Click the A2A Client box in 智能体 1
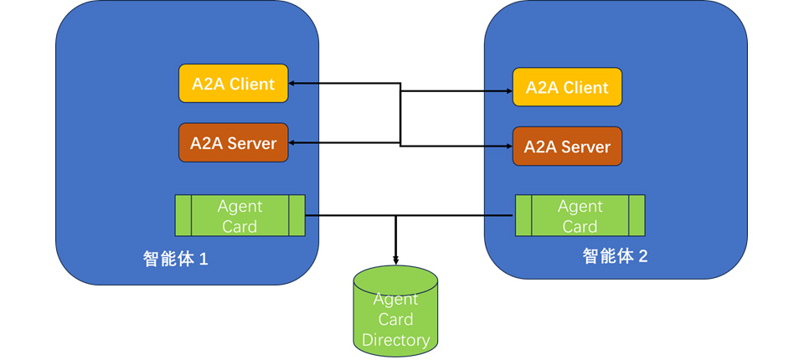pyautogui.click(x=234, y=84)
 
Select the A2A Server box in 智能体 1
pyautogui.click(x=234, y=143)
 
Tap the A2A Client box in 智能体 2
pyautogui.click(x=567, y=88)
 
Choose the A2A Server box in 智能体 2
pyautogui.click(x=567, y=147)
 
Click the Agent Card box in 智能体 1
pyautogui.click(x=240, y=215)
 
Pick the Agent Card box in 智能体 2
pyautogui.click(x=580, y=215)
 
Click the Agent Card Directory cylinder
pyautogui.click(x=395, y=310)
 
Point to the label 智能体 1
pyautogui.click(x=175, y=259)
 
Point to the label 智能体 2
pyautogui.click(x=616, y=256)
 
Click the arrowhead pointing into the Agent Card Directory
pyautogui.click(x=395, y=260)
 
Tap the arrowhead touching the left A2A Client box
pyautogui.click(x=293, y=84)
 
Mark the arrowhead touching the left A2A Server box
pyautogui.click(x=293, y=143)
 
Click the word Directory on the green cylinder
pyautogui.click(x=395, y=340)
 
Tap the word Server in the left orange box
pyautogui.click(x=252, y=143)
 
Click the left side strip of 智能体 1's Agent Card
pyautogui.click(x=183, y=215)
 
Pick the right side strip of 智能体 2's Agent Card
pyautogui.click(x=636, y=215)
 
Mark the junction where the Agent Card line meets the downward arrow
pyautogui.click(x=395, y=215)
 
